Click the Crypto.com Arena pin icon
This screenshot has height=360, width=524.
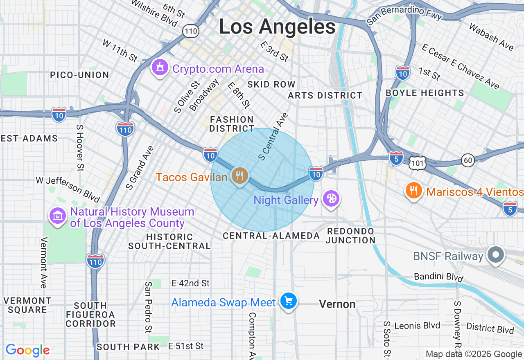tap(160, 67)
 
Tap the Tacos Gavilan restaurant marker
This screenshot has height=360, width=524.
tap(239, 175)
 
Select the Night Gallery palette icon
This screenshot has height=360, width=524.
tap(330, 199)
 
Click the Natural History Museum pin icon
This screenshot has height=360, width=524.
tap(58, 216)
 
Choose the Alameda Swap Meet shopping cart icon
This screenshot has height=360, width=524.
tap(289, 301)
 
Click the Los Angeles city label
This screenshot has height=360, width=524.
tap(277, 27)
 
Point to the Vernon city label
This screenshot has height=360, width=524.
tap(337, 304)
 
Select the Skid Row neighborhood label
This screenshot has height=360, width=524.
tap(271, 84)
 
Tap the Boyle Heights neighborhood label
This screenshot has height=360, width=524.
tap(425, 93)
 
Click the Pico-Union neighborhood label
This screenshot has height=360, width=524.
tap(79, 75)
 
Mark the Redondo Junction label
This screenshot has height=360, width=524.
tap(350, 236)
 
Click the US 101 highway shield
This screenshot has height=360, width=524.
tap(418, 162)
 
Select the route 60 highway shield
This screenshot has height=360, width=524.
tap(468, 160)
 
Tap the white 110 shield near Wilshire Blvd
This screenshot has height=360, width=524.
tap(191, 30)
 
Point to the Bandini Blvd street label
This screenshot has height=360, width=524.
tap(438, 277)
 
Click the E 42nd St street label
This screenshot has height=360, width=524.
tap(190, 283)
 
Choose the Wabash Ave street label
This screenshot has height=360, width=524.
tap(491, 37)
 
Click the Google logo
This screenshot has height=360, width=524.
tap(27, 350)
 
